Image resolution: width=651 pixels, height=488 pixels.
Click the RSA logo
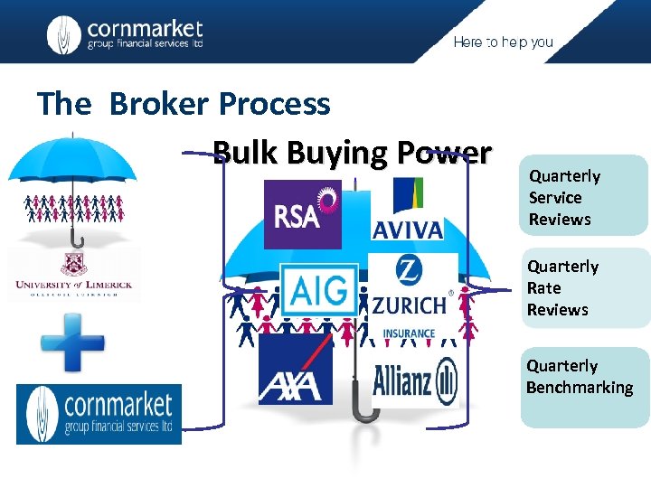pos(302,214)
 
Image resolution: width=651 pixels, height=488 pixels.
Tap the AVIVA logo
pos(407,209)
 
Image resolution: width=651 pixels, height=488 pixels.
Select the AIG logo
pos(317,290)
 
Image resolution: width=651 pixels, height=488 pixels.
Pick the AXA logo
pos(295,371)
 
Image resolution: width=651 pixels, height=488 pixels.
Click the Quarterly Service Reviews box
pos(584,197)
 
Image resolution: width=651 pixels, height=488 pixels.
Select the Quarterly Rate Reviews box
pos(584,288)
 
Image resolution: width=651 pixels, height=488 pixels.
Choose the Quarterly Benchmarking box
pos(584,387)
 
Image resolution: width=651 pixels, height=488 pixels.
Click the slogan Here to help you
pos(503,42)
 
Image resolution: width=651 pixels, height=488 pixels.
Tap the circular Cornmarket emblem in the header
pos(63,34)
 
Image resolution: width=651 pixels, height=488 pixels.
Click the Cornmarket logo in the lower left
pos(99,414)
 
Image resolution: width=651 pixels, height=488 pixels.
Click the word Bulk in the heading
pos(245,153)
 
